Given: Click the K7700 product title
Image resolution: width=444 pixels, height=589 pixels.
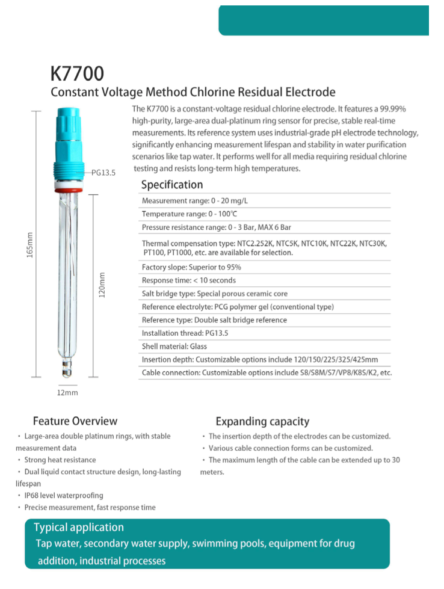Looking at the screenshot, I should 77,73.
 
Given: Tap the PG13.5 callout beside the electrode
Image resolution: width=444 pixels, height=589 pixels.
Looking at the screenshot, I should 103,172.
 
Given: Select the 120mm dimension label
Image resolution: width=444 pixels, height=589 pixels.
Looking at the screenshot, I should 102,285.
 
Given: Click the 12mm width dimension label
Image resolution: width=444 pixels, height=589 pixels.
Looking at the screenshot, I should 67,392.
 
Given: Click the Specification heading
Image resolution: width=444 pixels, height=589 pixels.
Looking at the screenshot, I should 172,185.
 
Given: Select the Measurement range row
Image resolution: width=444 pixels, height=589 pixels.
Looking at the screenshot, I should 194,201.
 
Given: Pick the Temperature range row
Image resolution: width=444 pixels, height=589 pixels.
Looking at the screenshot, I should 190,214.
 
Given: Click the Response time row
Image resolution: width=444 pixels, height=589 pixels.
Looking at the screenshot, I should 189,280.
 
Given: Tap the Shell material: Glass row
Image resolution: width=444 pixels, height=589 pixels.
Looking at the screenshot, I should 174,347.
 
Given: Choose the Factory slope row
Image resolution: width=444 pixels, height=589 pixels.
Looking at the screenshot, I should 191,267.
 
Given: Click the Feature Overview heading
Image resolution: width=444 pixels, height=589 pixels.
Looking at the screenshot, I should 75,421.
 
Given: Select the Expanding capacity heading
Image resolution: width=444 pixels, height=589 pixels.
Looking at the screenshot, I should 262,422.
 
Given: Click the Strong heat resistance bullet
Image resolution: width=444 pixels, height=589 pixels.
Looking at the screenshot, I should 60,460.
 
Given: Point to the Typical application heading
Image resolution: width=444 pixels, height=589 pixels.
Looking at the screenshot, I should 79,528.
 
